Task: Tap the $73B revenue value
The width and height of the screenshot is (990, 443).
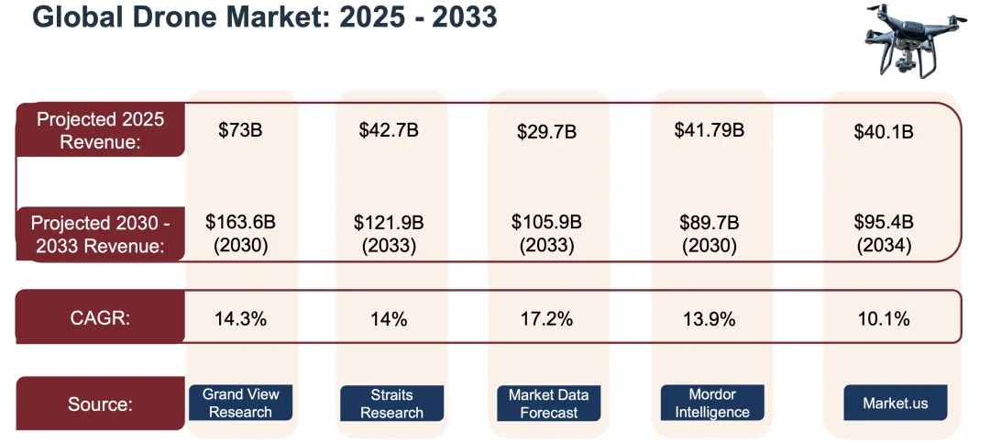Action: [240, 130]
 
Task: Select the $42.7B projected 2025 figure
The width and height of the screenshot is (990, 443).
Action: [389, 130]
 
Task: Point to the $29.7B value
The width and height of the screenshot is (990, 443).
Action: [546, 132]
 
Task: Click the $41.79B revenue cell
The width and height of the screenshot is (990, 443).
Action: [709, 129]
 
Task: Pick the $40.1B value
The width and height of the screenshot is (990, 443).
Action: [884, 132]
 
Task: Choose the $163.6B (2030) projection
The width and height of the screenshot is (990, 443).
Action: [240, 233]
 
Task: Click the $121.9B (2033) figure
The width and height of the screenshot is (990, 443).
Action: [391, 233]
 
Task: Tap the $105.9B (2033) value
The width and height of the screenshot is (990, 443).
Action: [547, 233]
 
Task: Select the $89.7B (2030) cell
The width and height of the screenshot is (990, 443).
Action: [709, 233]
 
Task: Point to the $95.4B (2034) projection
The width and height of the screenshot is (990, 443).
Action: [884, 233]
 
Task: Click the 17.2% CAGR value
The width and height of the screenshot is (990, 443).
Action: [547, 319]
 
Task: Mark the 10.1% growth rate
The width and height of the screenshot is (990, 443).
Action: [884, 319]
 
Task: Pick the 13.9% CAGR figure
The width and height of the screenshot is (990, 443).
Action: [709, 319]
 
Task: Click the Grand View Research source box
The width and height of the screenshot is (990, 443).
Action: [240, 404]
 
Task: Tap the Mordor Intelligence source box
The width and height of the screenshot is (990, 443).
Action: [712, 404]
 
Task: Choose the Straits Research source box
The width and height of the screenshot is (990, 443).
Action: [391, 404]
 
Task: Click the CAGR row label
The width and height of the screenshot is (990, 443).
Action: [100, 319]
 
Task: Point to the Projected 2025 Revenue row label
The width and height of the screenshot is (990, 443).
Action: [100, 130]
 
